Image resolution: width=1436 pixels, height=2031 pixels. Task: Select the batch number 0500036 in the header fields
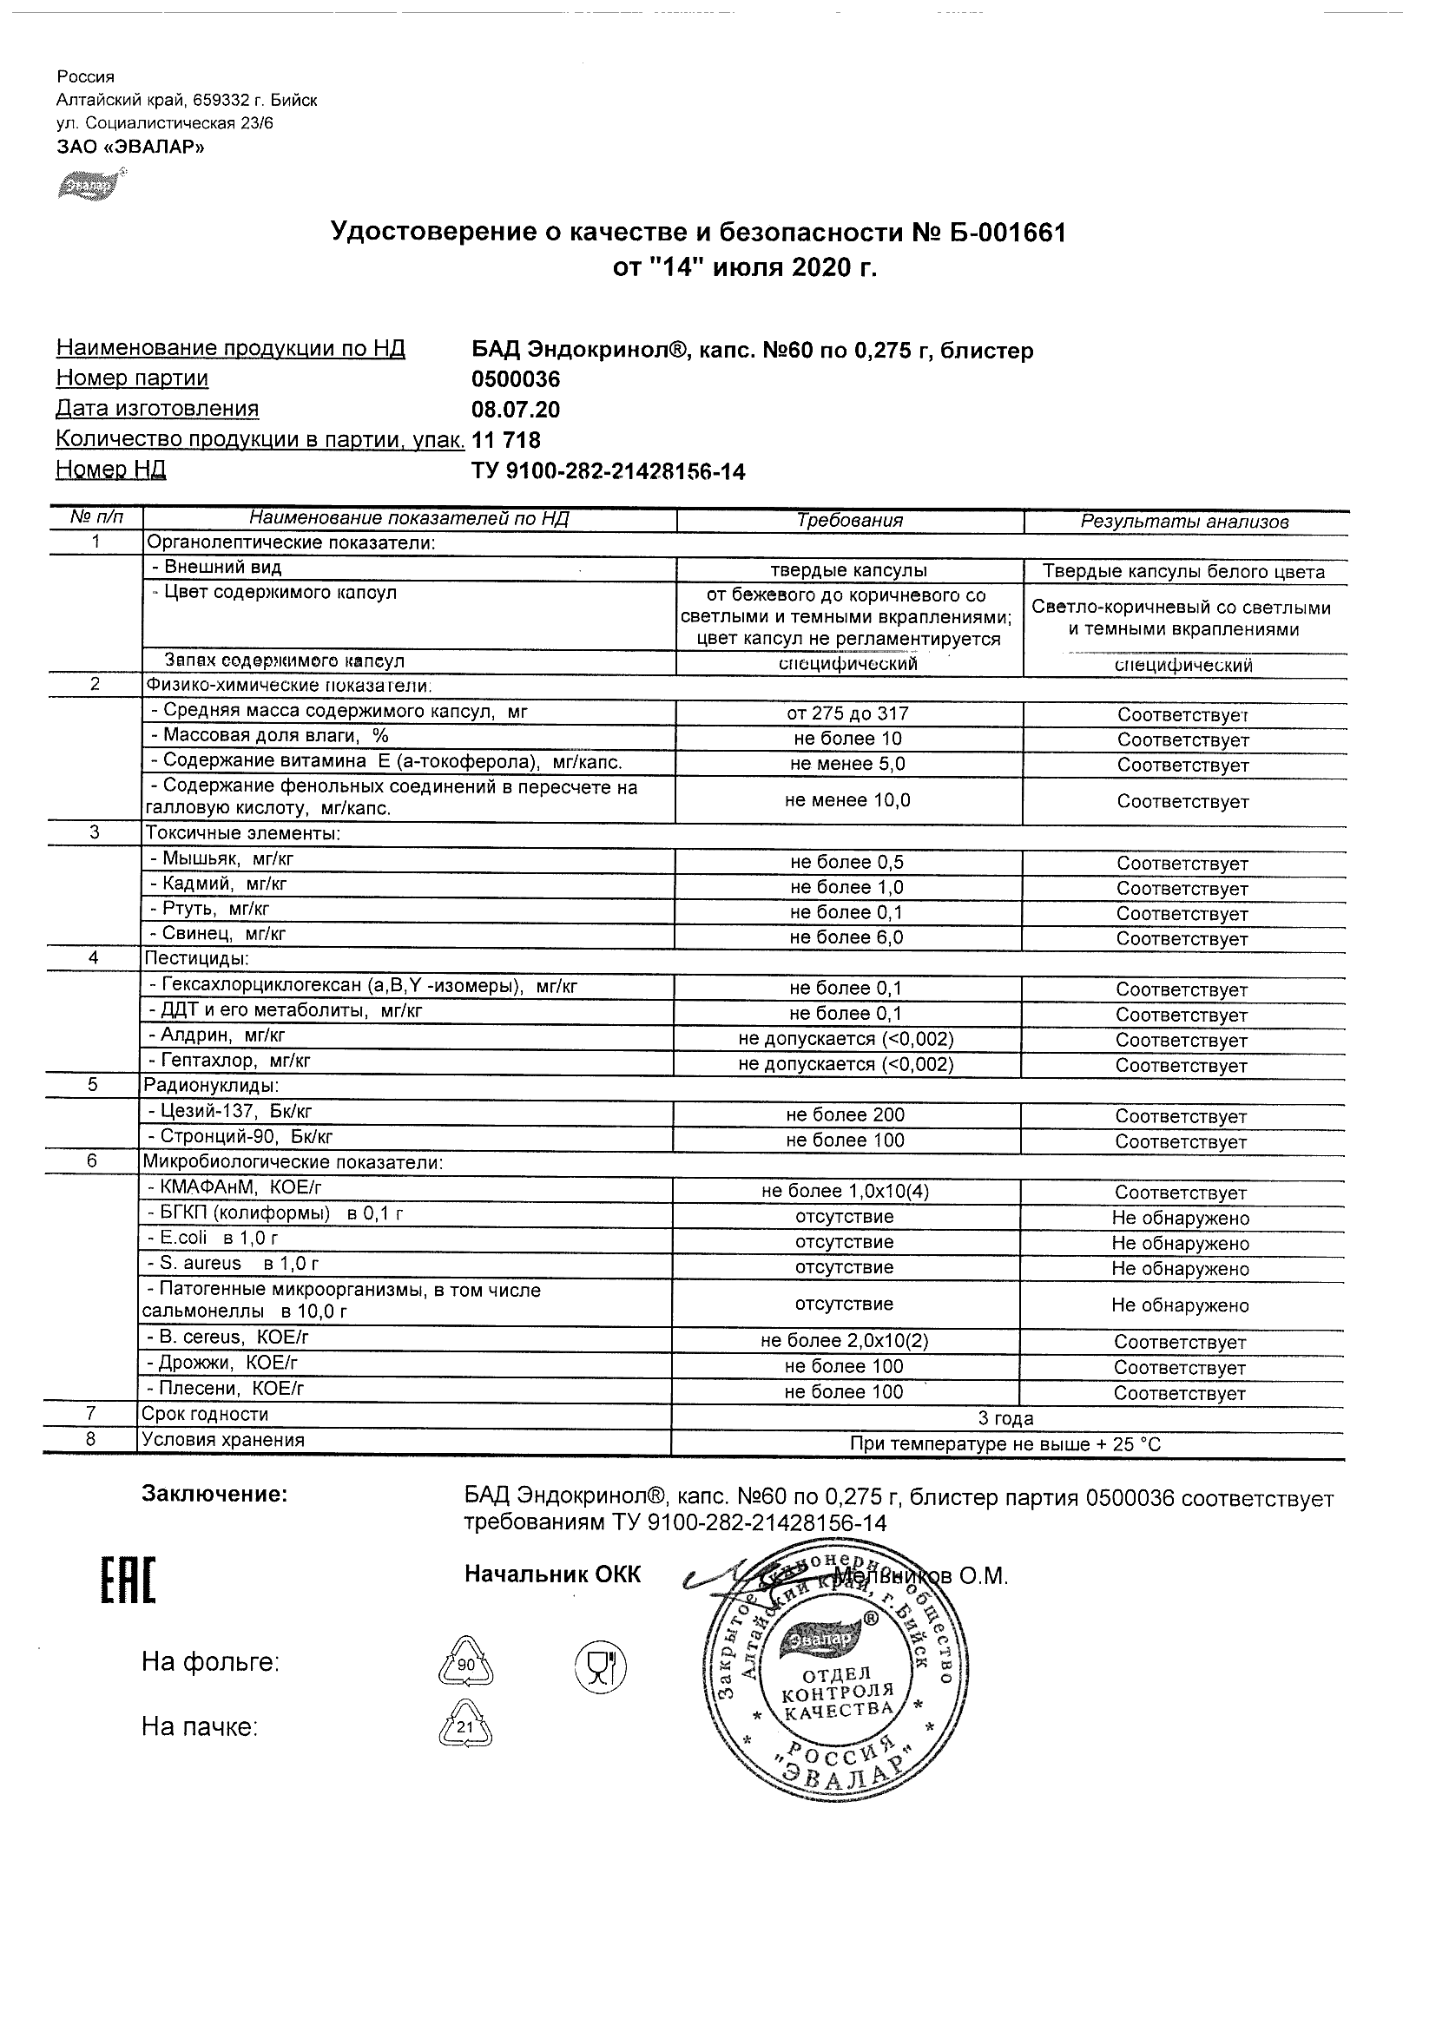[516, 379]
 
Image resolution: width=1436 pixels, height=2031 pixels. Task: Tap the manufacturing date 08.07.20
[516, 410]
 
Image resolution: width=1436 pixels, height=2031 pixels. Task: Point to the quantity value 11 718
[507, 440]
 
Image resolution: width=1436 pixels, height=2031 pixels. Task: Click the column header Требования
[849, 520]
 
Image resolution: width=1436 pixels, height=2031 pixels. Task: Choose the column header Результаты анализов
[1185, 522]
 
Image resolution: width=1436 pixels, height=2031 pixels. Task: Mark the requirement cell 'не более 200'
[845, 1115]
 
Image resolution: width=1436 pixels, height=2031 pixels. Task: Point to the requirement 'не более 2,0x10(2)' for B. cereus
[844, 1341]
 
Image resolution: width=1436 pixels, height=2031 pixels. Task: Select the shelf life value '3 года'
[1006, 1419]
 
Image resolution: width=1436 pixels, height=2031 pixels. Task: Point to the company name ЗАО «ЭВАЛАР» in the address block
[130, 147]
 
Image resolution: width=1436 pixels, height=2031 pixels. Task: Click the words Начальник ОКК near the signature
[552, 1574]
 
